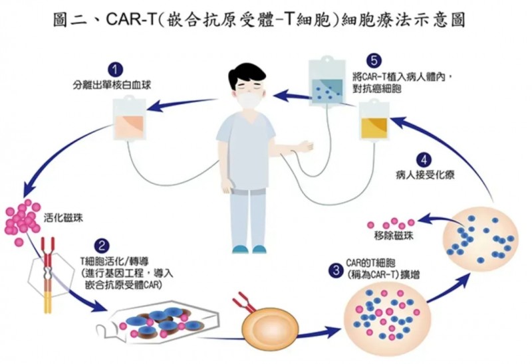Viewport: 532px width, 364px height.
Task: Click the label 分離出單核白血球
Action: (x=116, y=85)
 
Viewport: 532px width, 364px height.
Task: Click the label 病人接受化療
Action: (x=424, y=176)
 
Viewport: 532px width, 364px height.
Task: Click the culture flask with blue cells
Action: (x=163, y=321)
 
